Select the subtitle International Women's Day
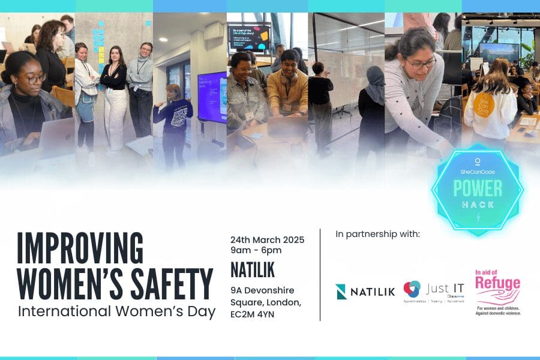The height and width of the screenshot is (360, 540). pyautogui.click(x=116, y=312)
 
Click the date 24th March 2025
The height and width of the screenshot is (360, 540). pyautogui.click(x=267, y=240)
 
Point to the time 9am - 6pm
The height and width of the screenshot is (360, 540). pyautogui.click(x=256, y=251)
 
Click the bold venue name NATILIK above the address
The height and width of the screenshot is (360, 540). pyautogui.click(x=252, y=271)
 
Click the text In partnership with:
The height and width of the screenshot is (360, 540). pyautogui.click(x=377, y=234)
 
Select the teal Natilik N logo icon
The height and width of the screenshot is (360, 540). pyautogui.click(x=341, y=292)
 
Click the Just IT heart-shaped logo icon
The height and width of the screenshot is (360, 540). pyautogui.click(x=412, y=289)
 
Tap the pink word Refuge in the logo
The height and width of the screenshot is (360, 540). pyautogui.click(x=497, y=283)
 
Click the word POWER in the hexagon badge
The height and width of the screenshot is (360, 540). pyautogui.click(x=478, y=188)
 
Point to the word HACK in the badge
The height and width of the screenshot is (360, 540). pyautogui.click(x=478, y=205)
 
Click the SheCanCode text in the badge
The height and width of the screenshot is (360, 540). pyautogui.click(x=478, y=172)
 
